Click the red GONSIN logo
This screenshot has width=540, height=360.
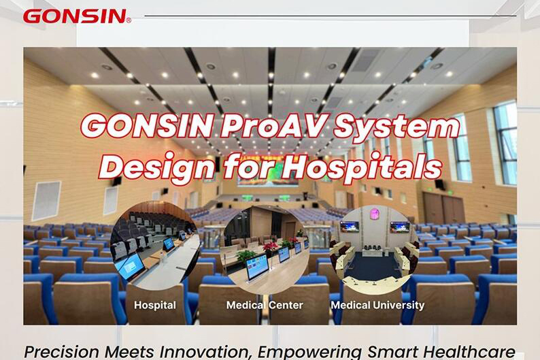point(76,16)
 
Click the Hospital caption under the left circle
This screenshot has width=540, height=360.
point(154,305)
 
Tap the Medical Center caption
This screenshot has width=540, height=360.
point(265,305)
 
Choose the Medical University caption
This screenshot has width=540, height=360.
point(377,305)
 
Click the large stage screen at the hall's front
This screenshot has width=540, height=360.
point(268,173)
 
